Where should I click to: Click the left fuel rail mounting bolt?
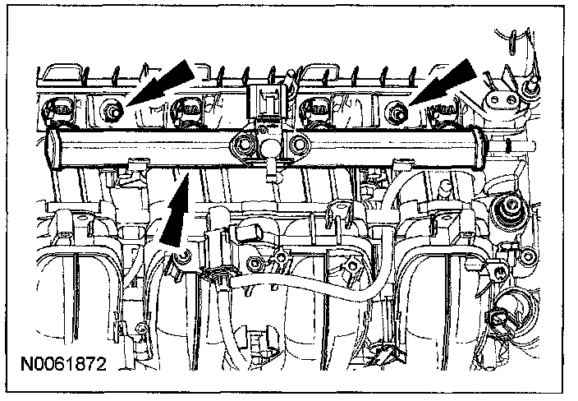(112, 108)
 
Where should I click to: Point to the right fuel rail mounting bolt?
(398, 111)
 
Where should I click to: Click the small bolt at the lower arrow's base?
(186, 258)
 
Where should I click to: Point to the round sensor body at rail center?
(272, 148)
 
